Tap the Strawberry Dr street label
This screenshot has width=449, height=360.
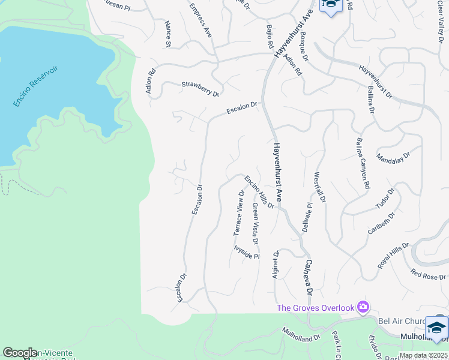click(x=200, y=89)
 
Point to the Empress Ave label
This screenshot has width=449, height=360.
click(x=200, y=20)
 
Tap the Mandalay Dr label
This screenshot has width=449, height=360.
click(x=393, y=158)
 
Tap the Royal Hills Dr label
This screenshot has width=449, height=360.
click(x=393, y=254)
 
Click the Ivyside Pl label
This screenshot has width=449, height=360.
click(x=246, y=251)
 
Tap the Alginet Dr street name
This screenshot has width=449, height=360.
click(x=276, y=264)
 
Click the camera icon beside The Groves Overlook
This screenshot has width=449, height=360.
click(x=363, y=308)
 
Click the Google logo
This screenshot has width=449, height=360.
click(x=20, y=353)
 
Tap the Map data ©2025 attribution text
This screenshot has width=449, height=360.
click(x=423, y=355)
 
